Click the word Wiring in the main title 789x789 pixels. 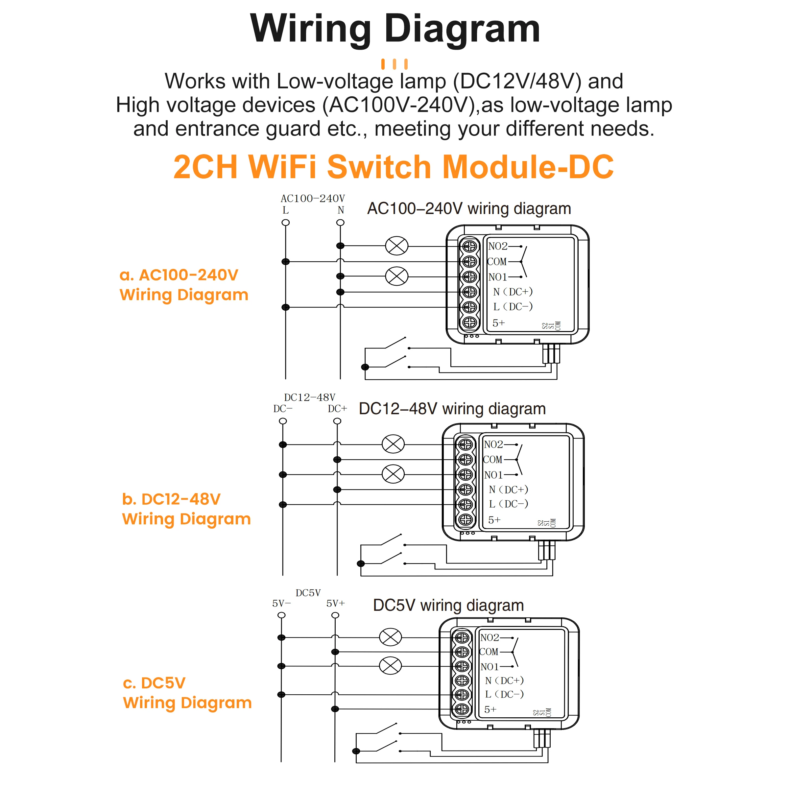point(310,29)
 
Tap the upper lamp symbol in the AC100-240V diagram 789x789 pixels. point(396,246)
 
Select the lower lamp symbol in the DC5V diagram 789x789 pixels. point(391,666)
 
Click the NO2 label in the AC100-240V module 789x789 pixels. point(498,246)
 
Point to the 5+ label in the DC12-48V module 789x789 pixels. point(494,520)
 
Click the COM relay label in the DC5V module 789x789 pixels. point(489,652)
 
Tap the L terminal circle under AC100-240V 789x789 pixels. point(285,223)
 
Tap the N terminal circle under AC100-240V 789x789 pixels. point(340,223)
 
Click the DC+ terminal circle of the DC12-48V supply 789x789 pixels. point(337,421)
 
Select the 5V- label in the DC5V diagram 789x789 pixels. point(281,603)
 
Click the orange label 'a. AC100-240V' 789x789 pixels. point(179,275)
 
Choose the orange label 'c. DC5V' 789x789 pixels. point(154,683)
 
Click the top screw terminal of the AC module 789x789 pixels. point(470,246)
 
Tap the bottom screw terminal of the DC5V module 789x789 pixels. point(462,709)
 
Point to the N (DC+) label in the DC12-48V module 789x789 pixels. point(509,489)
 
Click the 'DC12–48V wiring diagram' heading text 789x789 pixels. point(452,409)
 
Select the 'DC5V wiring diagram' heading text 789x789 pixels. point(448,605)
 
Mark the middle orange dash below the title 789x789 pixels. point(394,64)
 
